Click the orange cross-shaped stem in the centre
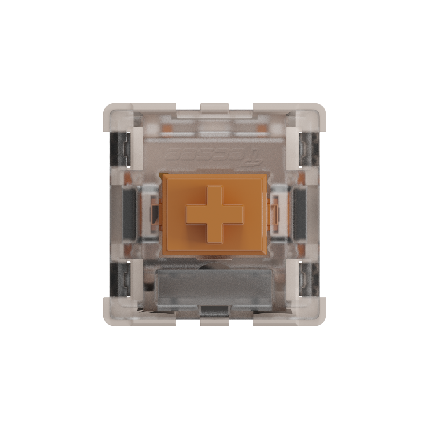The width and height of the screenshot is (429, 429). point(214,214)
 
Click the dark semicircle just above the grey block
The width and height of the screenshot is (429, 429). point(214,267)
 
